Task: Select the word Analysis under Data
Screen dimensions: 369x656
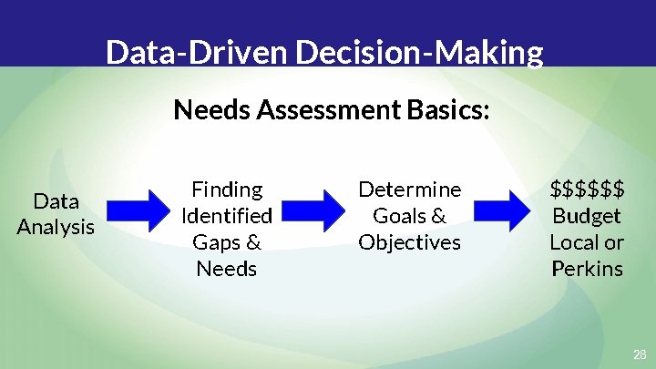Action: tap(56, 227)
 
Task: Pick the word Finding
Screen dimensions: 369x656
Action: tap(227, 190)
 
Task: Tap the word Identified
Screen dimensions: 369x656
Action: tap(227, 216)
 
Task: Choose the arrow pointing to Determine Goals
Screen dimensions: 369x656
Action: tap(316, 212)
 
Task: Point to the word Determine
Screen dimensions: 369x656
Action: tap(410, 190)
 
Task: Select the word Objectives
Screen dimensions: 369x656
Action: tap(410, 242)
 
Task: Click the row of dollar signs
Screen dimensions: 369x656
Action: tap(588, 190)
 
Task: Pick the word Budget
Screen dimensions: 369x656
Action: tap(588, 216)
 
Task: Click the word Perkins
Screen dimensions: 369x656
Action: tap(588, 269)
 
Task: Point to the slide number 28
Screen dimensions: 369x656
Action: tap(640, 354)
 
